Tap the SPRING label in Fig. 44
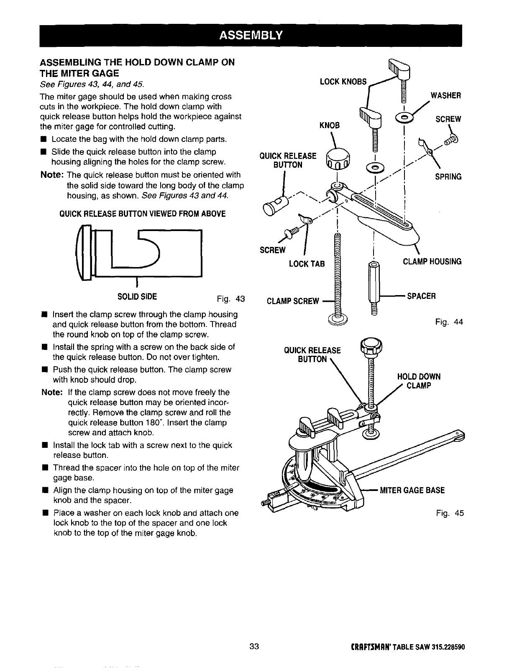[x=448, y=177]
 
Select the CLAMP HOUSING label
[x=432, y=262]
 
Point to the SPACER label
[x=422, y=296]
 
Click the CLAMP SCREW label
[x=292, y=301]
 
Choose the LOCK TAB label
[x=307, y=264]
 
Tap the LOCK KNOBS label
[x=343, y=81]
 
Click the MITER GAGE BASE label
[x=412, y=490]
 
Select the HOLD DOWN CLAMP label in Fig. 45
[x=418, y=380]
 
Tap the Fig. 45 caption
[x=449, y=513]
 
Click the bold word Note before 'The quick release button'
[x=52, y=174]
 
